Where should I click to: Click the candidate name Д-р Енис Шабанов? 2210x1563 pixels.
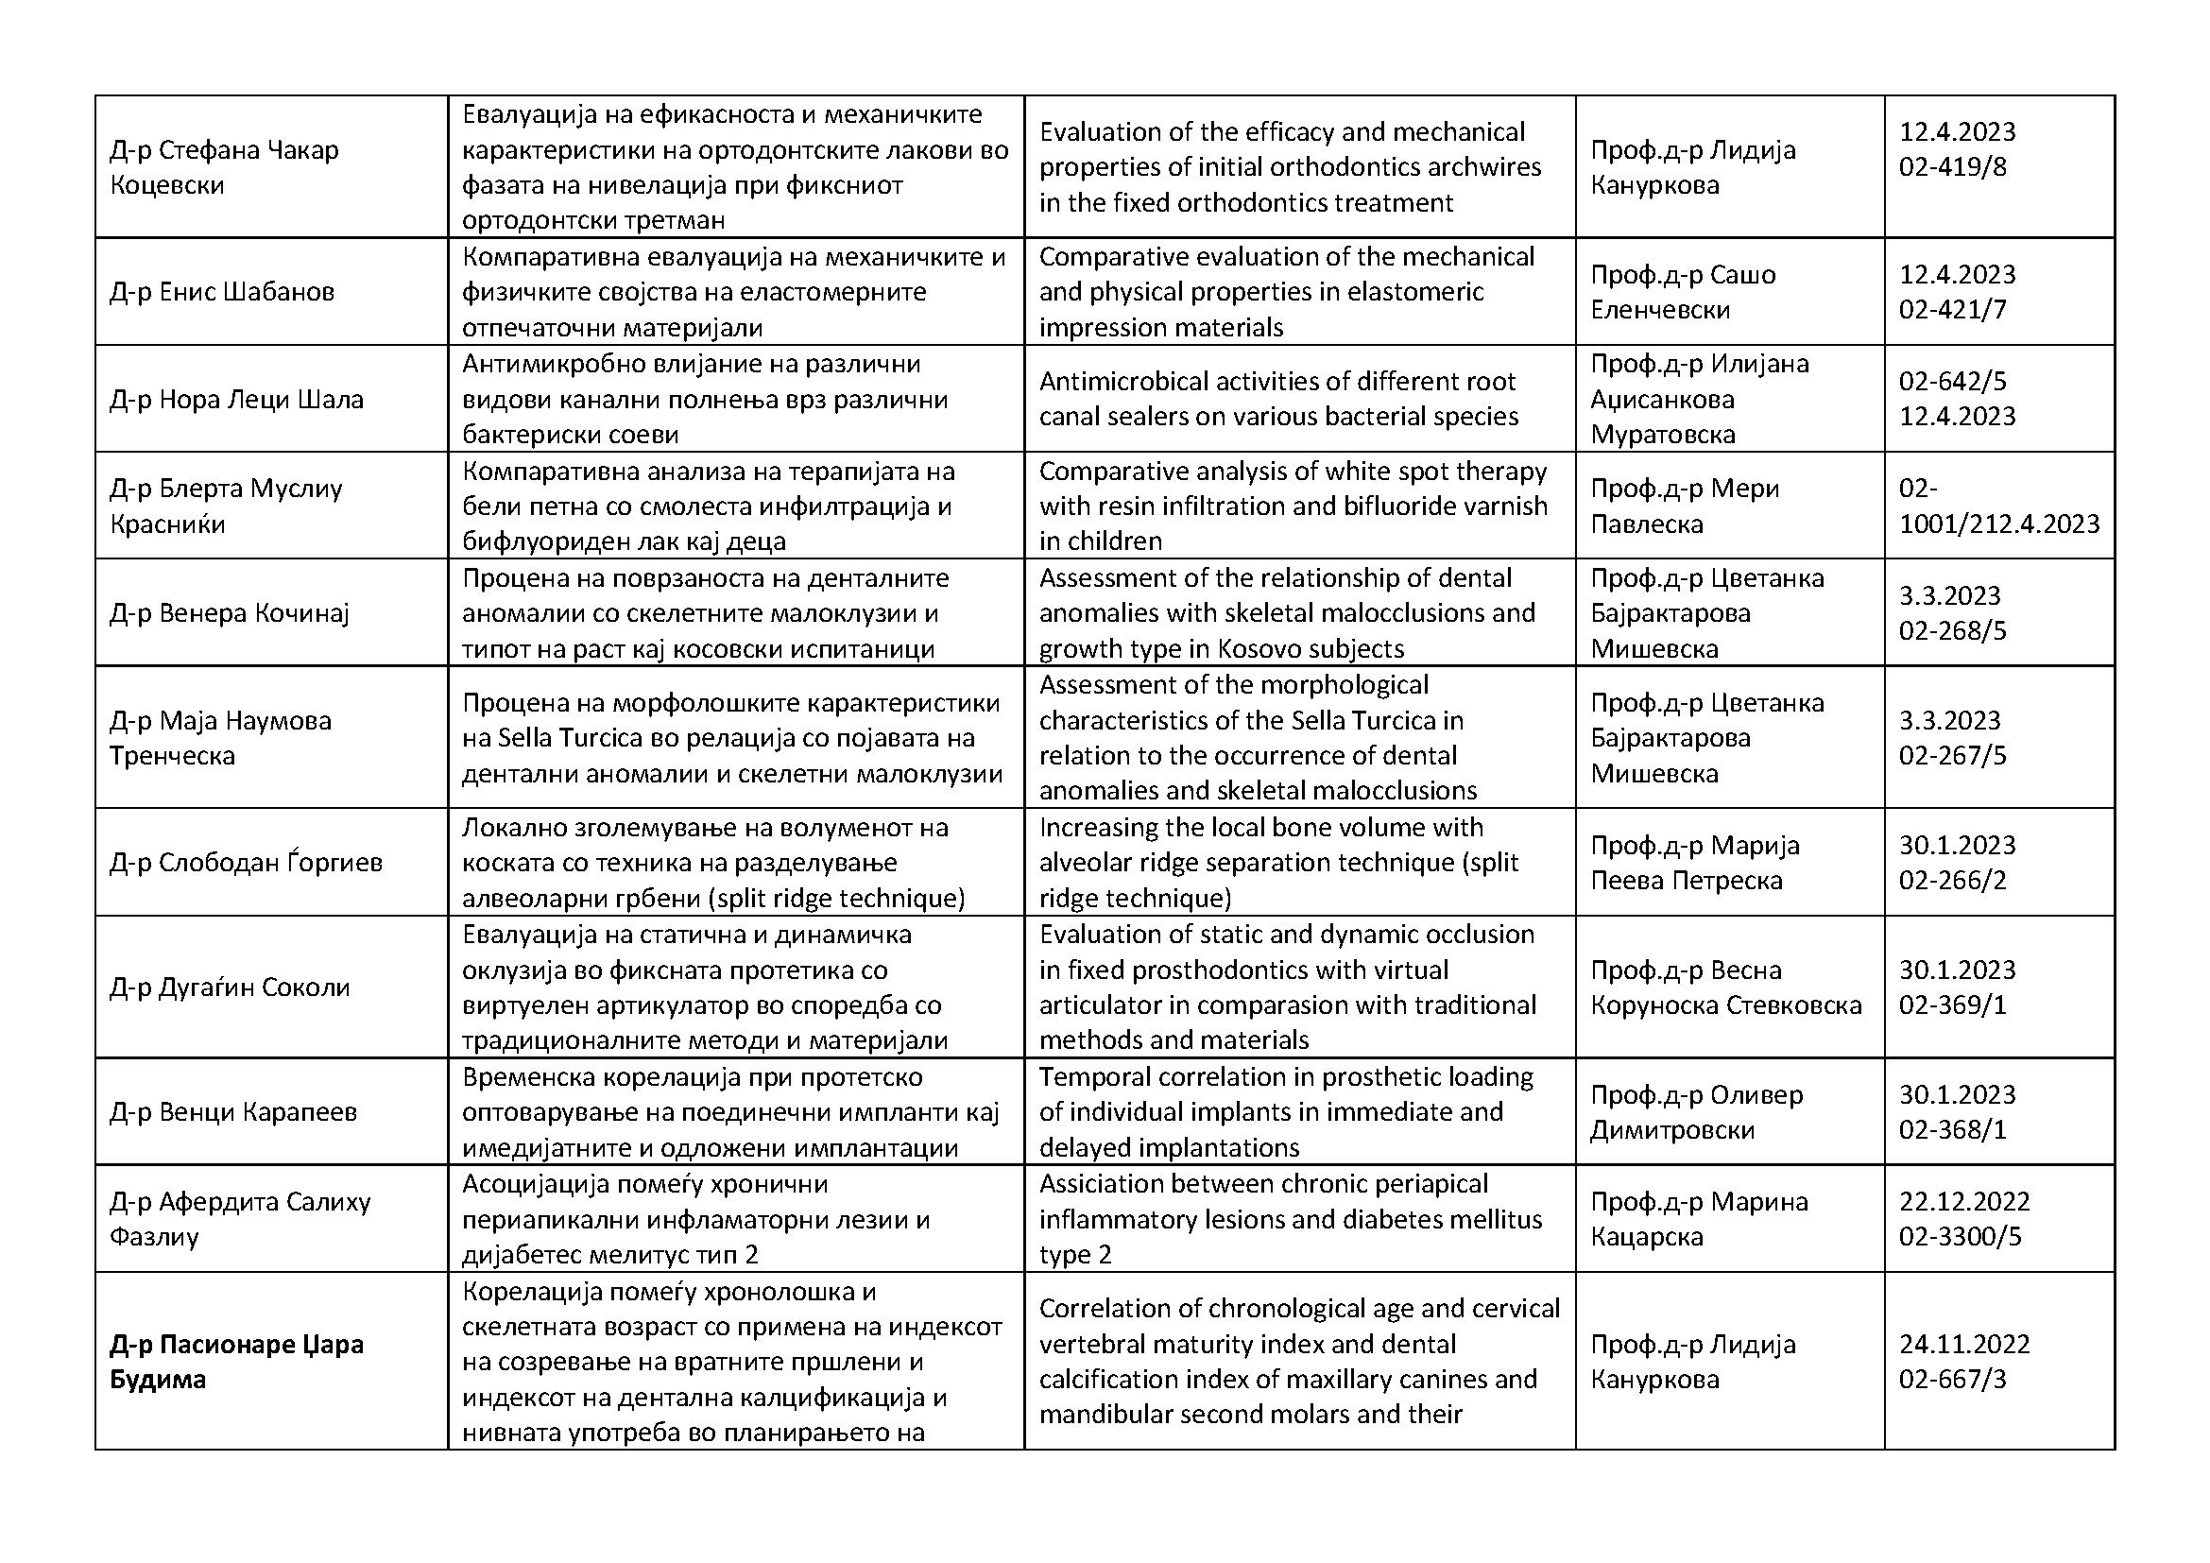(x=222, y=292)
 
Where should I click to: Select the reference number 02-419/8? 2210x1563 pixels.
(x=1952, y=167)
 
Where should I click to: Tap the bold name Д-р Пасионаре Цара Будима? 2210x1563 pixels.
(x=236, y=1362)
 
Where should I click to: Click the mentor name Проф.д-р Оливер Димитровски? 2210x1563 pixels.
(x=1696, y=1111)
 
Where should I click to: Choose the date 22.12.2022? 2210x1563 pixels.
(x=1963, y=1201)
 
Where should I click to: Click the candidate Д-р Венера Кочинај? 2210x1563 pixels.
(x=229, y=613)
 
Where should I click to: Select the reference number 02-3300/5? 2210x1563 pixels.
(x=1960, y=1237)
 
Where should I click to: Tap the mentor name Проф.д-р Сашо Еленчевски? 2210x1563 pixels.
(x=1683, y=292)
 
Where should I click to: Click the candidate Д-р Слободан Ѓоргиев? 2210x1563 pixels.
(x=247, y=862)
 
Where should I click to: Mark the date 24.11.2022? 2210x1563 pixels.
(x=1963, y=1344)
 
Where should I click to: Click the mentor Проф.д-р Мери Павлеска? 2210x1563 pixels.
(x=1685, y=507)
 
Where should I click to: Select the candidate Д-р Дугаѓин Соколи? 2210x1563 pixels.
(x=230, y=988)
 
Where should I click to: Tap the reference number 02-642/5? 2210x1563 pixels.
(x=1952, y=381)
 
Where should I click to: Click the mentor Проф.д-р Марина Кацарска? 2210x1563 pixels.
(x=1699, y=1219)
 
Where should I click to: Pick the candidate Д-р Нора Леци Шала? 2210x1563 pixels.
(x=237, y=400)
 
